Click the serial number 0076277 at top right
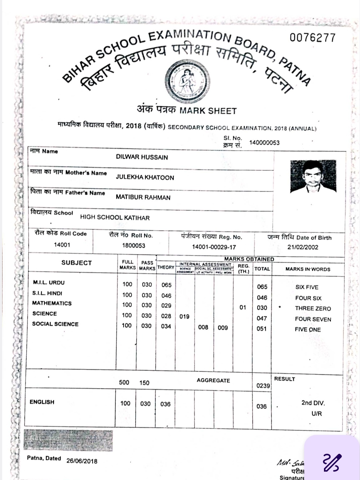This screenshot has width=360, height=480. tap(312, 37)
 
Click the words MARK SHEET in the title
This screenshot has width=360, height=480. tap(208, 111)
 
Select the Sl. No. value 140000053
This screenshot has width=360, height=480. tap(264, 143)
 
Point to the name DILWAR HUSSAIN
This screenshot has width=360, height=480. tap(142, 157)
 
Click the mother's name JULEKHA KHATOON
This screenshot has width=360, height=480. tap(145, 177)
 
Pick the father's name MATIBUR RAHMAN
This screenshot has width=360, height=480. tap(143, 197)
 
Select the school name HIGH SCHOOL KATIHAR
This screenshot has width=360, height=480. tap(115, 218)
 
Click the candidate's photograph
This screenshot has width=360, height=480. tap(312, 177)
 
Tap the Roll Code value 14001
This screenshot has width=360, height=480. tap(62, 245)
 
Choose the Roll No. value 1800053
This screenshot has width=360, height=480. tap(133, 246)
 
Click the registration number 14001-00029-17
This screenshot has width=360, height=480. tap(214, 247)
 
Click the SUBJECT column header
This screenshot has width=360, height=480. tap(76, 263)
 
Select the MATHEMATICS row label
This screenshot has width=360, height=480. tap(52, 303)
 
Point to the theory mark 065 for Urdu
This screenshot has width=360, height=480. tap(166, 285)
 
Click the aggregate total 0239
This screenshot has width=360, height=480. tap(263, 386)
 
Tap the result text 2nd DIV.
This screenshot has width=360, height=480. tap(313, 403)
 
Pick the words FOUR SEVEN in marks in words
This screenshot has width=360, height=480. tap(313, 319)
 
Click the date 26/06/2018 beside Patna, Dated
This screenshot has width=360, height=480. tap(82, 461)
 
